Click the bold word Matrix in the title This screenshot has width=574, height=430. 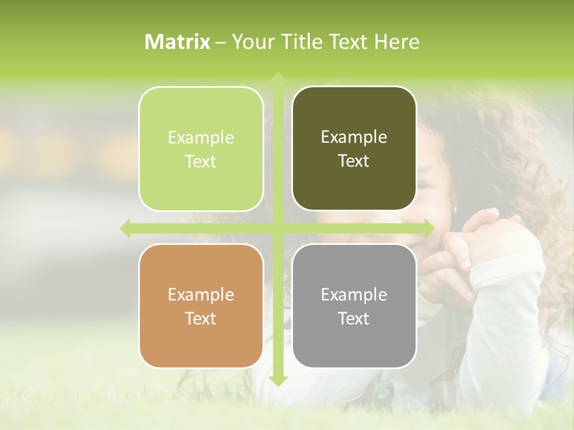(x=178, y=42)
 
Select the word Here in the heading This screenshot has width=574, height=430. (x=396, y=42)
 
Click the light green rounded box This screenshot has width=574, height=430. (x=201, y=149)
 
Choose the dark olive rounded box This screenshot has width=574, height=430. (x=354, y=149)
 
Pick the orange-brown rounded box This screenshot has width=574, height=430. (x=201, y=306)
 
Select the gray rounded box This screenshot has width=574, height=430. (x=354, y=306)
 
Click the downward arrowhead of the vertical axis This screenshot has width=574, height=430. (x=277, y=380)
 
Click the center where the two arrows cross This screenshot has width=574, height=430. (x=277, y=228)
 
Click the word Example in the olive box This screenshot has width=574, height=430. (x=354, y=137)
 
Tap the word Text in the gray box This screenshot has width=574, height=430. (x=354, y=319)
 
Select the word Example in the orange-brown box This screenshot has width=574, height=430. (x=201, y=294)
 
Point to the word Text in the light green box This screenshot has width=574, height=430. (x=201, y=162)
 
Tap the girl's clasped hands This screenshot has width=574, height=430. (x=472, y=239)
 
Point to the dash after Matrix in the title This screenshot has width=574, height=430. (x=221, y=42)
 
